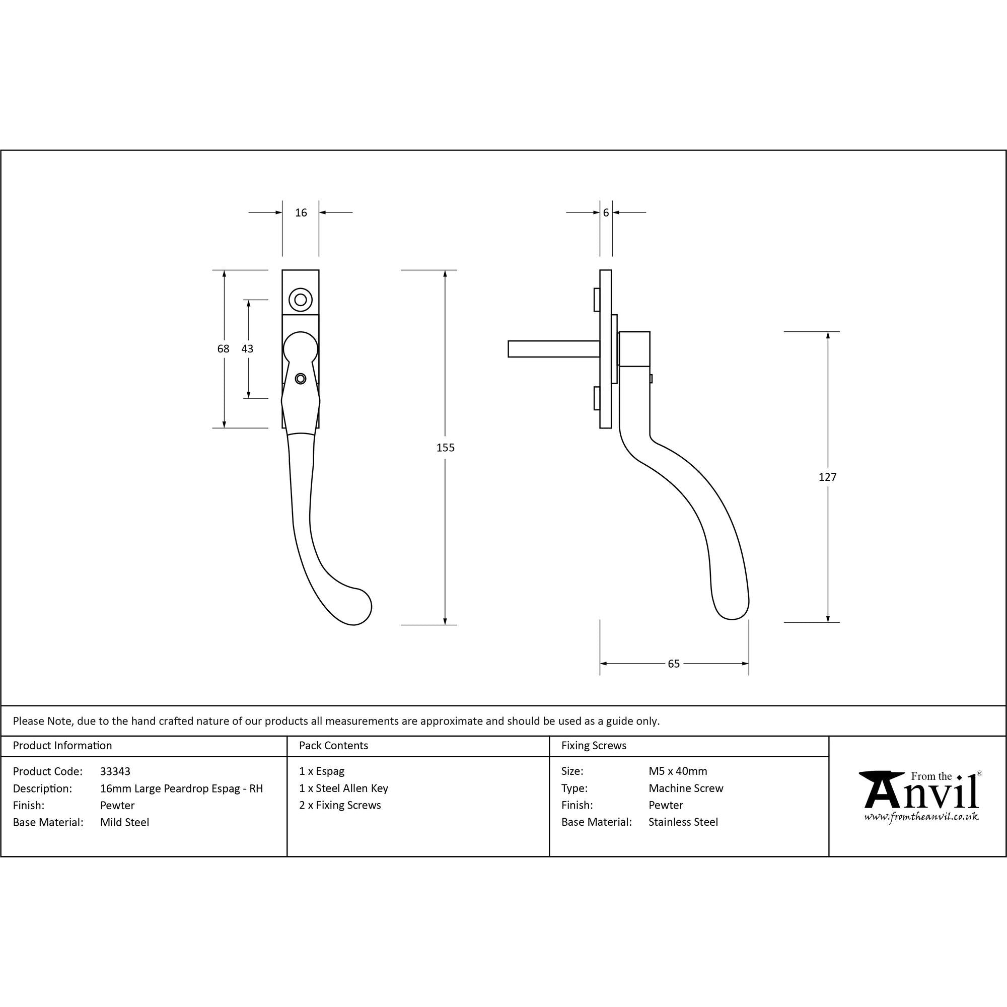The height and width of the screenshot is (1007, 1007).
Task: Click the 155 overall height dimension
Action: coord(445,448)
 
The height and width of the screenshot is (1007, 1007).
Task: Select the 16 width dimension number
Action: coord(301,212)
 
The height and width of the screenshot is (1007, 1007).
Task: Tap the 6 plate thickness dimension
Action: coord(606,212)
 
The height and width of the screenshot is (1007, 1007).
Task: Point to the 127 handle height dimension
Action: coord(827,477)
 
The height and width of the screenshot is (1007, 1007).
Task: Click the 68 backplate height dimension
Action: coord(223,349)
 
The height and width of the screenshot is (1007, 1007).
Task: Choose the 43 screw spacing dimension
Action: coord(247,349)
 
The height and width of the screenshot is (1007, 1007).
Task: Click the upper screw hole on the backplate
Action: coord(300,300)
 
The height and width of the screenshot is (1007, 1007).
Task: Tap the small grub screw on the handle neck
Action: coord(300,379)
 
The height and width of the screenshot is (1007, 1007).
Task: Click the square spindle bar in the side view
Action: coord(553,349)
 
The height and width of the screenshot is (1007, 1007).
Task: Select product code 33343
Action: coord(115,771)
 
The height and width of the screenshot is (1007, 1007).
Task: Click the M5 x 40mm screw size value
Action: coord(678,771)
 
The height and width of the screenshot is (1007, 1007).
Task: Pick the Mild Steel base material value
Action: coord(124,822)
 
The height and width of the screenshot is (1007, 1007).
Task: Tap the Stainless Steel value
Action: coord(683,822)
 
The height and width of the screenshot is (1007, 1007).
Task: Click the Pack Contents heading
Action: coord(334,745)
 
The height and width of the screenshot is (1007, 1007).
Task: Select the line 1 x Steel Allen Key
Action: coord(343,788)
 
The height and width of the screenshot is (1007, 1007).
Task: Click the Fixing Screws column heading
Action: coord(594,745)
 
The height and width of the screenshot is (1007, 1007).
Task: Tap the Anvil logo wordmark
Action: coord(920,792)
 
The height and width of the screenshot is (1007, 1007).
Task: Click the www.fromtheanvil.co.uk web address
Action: coord(921,817)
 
